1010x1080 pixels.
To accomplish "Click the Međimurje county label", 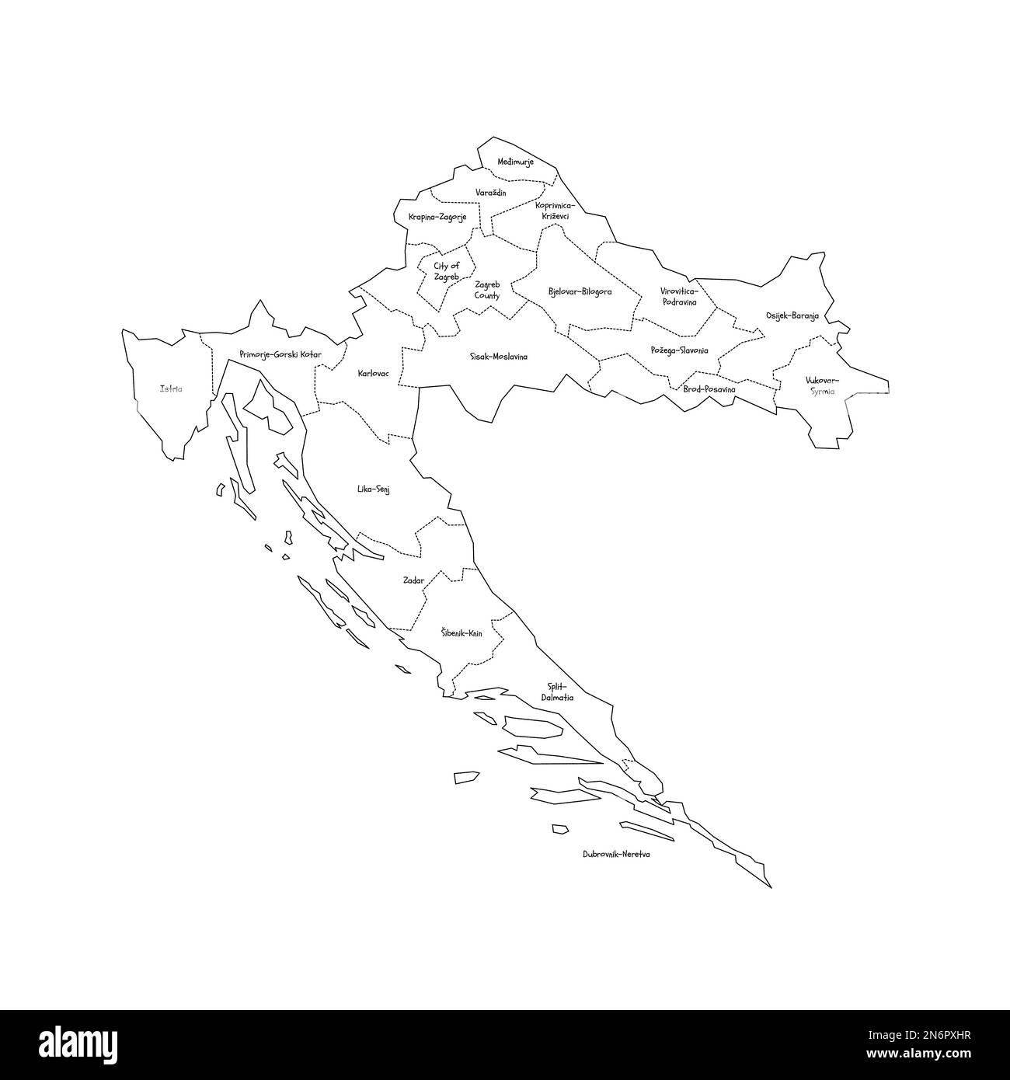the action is pos(515,162).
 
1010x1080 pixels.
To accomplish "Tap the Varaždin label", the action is pos(491,191).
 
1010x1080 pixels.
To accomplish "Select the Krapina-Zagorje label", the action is pos(437,217).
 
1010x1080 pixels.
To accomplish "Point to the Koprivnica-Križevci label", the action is pos(555,211).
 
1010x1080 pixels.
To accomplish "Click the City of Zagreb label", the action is pos(446,271).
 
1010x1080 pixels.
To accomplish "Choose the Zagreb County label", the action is pos(487,291).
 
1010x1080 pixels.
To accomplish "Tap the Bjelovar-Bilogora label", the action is pos(580,292).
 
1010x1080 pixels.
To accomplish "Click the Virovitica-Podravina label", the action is pos(679,296).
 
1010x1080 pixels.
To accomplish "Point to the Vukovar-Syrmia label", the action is pos(822,385).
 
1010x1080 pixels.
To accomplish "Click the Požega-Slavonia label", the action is pos(679,350).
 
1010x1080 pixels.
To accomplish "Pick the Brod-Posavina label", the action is pos(709,388).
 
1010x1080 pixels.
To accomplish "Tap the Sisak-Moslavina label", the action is pos(499,357).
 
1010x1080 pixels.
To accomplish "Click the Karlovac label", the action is pos(373,374).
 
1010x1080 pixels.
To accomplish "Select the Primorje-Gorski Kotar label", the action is pos(280,354).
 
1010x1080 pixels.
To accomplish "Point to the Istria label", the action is pos(171,388).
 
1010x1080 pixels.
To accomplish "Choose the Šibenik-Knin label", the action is pos(461,633).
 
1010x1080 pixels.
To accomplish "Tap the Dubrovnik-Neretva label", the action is pos(616,854).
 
